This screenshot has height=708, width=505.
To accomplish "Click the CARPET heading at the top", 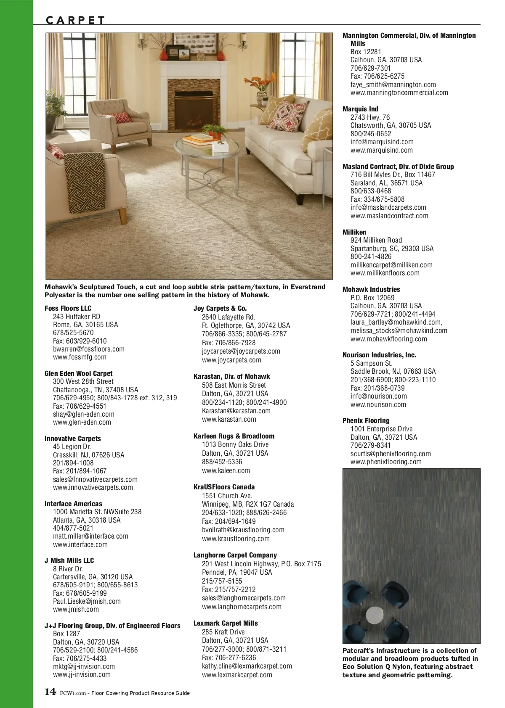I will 75,20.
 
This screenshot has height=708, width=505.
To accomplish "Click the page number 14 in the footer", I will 50,692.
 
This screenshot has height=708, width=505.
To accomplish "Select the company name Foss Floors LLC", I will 68,308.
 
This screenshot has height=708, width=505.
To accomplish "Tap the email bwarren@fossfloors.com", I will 88,349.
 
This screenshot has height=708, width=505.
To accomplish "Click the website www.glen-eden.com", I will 82,422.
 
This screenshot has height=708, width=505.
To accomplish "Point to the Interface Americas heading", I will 73,504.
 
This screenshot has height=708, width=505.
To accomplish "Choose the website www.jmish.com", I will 76,609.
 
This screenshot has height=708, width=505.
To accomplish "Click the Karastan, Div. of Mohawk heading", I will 231,376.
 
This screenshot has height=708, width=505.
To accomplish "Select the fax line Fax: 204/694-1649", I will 229,521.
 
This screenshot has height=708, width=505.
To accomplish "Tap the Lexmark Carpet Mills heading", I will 226,623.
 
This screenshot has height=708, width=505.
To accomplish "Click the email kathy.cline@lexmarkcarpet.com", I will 247,666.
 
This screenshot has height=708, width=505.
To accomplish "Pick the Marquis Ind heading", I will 360,109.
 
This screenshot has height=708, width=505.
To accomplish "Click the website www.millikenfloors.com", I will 385,273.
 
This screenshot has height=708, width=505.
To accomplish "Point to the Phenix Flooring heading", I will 366,420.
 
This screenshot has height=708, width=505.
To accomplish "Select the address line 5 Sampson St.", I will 371,363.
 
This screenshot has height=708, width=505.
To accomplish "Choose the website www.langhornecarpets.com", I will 242,607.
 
